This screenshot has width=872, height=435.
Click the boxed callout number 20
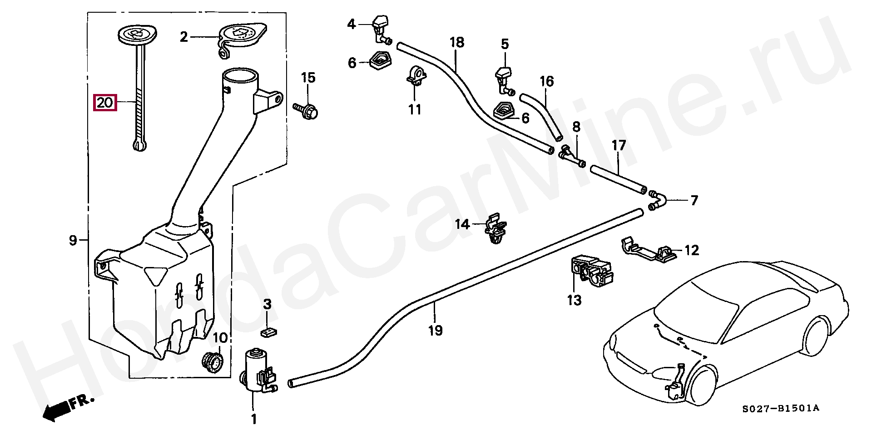tap(105, 103)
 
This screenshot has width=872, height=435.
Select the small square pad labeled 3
tap(270, 332)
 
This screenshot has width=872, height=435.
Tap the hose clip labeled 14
tap(495, 230)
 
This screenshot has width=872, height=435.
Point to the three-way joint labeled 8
tap(571, 156)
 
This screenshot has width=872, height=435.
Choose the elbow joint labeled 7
tap(657, 200)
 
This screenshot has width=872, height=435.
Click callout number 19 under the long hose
tap(435, 330)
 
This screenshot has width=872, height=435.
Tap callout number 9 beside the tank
tap(73, 241)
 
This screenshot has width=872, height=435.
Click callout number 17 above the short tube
tap(619, 146)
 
